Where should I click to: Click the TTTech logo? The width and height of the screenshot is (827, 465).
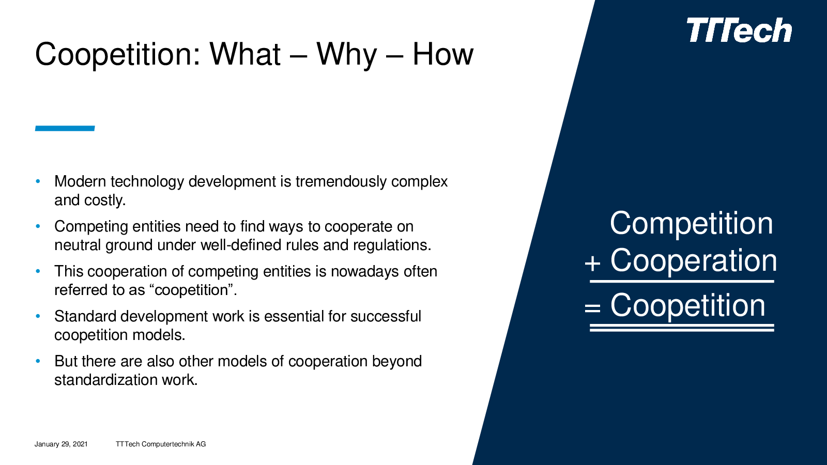pos(739,30)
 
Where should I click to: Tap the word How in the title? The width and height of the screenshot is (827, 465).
pos(442,54)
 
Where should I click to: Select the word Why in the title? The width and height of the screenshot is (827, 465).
pos(346,55)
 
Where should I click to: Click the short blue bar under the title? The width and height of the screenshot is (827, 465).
pos(65,129)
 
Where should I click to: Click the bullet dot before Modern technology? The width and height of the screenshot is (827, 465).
pos(38,181)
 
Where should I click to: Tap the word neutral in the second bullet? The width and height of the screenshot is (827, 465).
pos(78,245)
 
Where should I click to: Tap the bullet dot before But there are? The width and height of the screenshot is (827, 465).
pos(38,361)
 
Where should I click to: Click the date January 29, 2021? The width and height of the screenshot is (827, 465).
pos(62,444)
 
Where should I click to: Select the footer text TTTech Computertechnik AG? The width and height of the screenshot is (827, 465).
pos(161,444)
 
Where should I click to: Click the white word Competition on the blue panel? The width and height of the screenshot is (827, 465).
pos(691,224)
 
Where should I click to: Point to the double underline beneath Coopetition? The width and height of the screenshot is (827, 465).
pos(682,328)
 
